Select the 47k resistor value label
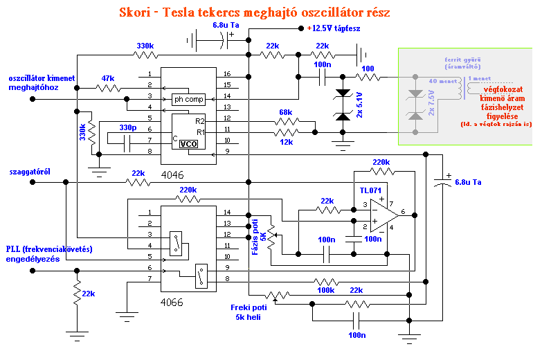tap(108, 78)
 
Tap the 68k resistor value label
tap(285, 111)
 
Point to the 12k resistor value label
tap(285, 142)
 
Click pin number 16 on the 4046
tap(226, 74)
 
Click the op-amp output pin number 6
tap(402, 213)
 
